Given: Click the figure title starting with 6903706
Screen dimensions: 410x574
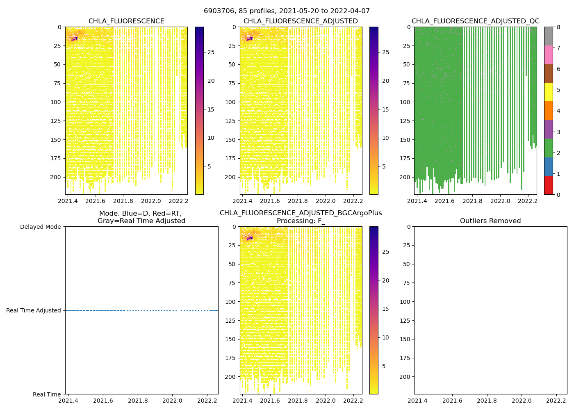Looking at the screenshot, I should click(x=287, y=11).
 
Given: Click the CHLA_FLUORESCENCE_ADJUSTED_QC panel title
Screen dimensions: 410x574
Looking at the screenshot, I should click(x=475, y=21).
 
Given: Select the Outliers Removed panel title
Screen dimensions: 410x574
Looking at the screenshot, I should click(x=490, y=221).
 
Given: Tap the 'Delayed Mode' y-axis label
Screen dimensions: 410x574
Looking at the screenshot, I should click(x=40, y=227).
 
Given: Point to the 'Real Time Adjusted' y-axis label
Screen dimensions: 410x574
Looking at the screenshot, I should click(x=34, y=310).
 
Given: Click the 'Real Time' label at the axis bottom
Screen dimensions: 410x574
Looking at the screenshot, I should click(x=47, y=394).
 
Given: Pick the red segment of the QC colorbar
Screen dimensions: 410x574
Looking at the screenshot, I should click(x=548, y=185).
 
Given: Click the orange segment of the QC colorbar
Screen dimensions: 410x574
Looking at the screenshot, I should click(x=548, y=111).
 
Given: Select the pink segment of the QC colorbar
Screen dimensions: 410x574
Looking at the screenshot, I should click(x=548, y=55).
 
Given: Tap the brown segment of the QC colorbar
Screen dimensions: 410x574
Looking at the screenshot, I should click(x=548, y=73).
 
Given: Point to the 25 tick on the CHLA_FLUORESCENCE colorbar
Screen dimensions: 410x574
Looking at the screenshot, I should click(x=211, y=52).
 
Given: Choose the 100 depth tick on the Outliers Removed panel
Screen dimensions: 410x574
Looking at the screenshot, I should click(x=406, y=302).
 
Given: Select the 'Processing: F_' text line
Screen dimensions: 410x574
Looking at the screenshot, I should click(x=301, y=221).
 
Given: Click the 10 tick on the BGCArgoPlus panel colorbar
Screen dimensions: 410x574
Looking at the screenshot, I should click(x=385, y=337).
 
